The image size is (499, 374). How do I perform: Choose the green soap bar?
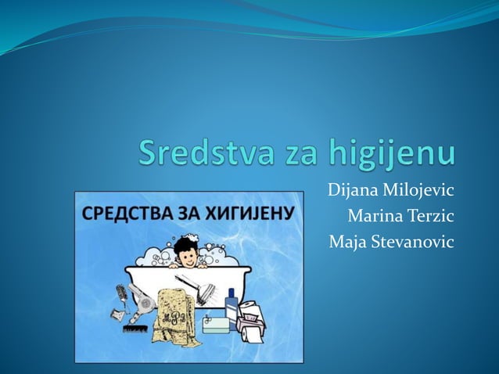[x=215, y=325]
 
